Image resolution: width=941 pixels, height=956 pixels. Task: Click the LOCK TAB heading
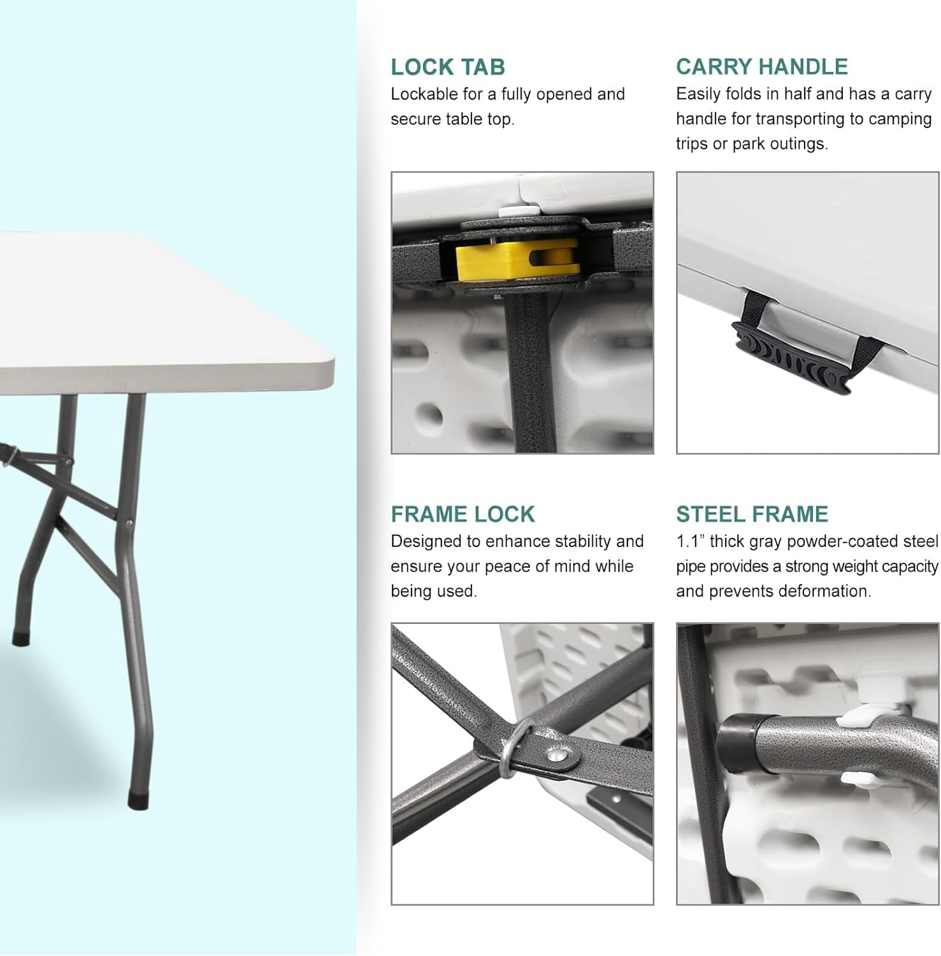pyautogui.click(x=448, y=67)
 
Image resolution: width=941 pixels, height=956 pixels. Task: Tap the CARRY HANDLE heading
pyautogui.click(x=762, y=67)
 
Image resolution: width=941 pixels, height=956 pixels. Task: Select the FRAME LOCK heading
pyautogui.click(x=463, y=514)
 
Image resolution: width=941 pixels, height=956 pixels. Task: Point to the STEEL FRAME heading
pyautogui.click(x=752, y=514)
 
